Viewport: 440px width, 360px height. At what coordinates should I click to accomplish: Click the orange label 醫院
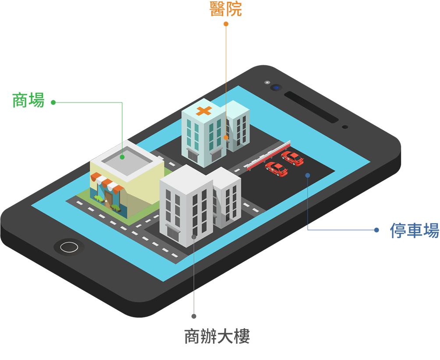pos(226,9)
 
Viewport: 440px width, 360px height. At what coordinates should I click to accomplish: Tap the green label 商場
pos(28,101)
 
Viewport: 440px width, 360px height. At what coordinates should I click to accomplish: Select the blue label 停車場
pos(414,230)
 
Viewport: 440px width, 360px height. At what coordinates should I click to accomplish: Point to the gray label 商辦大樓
pos(217,336)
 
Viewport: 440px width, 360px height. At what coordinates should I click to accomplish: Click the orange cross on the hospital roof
pos(204,110)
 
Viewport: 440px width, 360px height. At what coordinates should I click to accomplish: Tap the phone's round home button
pos(69,247)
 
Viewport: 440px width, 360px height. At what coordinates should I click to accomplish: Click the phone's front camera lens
pos(276,87)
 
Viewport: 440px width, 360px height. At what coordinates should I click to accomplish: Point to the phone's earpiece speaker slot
pos(311,106)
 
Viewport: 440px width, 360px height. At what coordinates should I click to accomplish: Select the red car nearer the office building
pos(277,169)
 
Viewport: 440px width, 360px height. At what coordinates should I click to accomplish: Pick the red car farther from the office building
pos(292,158)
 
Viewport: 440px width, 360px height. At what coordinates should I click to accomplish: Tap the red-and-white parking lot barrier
pos(268,155)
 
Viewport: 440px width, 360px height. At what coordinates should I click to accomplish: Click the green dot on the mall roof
pos(122,157)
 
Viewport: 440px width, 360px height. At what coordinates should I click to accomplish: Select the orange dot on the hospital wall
pos(226,138)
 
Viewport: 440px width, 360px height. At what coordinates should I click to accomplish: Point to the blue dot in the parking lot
pos(308,175)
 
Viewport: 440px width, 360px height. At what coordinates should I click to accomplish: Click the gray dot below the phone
pos(194,316)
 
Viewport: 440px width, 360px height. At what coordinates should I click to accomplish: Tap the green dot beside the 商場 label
pos(53,102)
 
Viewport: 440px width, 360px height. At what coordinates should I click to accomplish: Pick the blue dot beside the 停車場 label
pos(376,230)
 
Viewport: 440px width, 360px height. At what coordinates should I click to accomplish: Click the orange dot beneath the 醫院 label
pos(226,24)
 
